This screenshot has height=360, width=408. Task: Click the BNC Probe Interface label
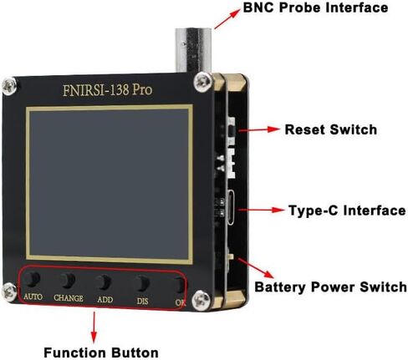tap(315, 8)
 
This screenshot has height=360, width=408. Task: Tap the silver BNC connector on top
tap(193, 50)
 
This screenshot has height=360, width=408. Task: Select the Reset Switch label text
tap(331, 129)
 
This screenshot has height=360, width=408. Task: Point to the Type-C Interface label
tap(347, 210)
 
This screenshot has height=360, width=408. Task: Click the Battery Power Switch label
tap(330, 287)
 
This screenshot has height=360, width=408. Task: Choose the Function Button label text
tap(101, 352)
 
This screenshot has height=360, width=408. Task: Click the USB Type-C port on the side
tap(231, 207)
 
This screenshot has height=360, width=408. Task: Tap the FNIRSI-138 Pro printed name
tap(108, 90)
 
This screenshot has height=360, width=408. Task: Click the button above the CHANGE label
tap(68, 280)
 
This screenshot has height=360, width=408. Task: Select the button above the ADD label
tap(104, 282)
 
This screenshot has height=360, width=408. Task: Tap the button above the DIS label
tap(142, 283)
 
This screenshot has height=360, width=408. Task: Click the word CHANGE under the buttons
tap(69, 298)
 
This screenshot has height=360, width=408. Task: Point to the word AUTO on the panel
tap(33, 297)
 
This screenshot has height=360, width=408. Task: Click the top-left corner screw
tap(9, 86)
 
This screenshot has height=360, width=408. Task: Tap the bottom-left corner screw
tap(9, 292)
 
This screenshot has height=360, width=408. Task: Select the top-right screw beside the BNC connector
tap(202, 82)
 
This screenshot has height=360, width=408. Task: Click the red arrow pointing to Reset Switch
tap(259, 129)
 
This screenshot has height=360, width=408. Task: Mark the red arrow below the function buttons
tap(94, 327)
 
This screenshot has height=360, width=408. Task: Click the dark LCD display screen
tap(110, 184)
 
